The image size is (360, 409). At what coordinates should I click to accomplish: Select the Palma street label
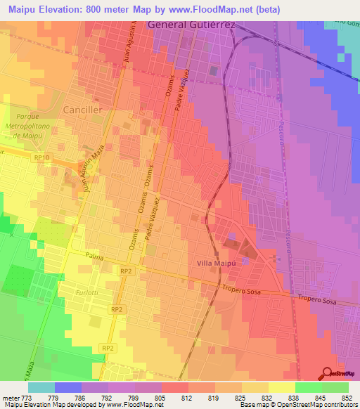click(94, 256)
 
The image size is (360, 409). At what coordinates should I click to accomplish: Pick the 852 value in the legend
click(347, 398)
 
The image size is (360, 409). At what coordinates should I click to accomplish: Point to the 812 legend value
click(187, 398)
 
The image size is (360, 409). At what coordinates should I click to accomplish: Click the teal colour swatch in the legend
click(41, 387)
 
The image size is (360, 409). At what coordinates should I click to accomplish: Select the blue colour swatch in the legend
click(68, 387)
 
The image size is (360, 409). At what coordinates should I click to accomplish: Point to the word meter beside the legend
click(9, 398)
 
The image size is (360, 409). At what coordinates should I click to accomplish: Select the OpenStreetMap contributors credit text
click(314, 405)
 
